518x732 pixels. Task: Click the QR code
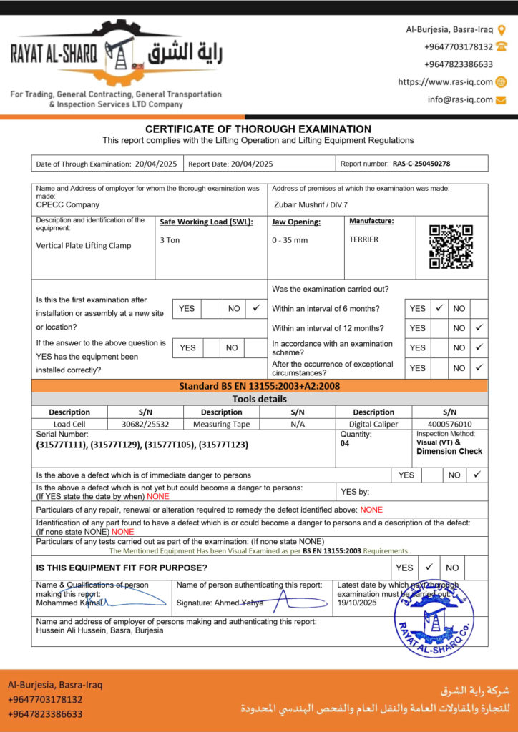point(451,247)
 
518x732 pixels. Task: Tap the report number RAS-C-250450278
point(421,164)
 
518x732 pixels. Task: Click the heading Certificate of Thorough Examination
point(258,129)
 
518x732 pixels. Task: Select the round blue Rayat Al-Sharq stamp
point(434,618)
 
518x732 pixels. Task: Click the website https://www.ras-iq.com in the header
point(445,82)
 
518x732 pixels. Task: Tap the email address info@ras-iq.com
point(460,99)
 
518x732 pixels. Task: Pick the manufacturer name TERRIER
point(363,240)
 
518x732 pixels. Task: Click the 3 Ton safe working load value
point(170,240)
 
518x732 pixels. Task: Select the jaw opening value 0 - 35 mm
point(290,240)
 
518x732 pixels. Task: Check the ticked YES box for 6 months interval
point(439,308)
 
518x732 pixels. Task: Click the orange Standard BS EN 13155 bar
point(259,386)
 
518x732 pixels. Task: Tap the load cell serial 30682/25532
point(145,424)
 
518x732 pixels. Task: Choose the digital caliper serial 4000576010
point(449,424)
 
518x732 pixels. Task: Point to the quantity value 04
point(346,443)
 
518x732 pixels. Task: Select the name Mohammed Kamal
point(63,603)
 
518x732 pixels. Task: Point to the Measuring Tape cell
point(221,424)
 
